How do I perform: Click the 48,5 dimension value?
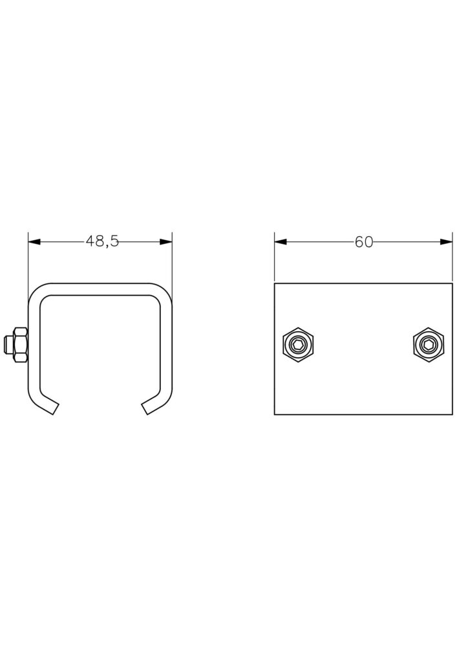(x=102, y=241)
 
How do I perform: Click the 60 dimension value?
(x=363, y=242)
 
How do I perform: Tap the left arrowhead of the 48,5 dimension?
(x=35, y=242)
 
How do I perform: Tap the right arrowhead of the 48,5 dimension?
(x=165, y=242)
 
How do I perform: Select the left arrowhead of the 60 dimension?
(x=281, y=242)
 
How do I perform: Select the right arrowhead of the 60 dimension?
(x=446, y=242)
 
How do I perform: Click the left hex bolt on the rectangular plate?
(x=299, y=345)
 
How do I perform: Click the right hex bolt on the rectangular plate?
(x=429, y=345)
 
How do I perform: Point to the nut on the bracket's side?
(x=21, y=345)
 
